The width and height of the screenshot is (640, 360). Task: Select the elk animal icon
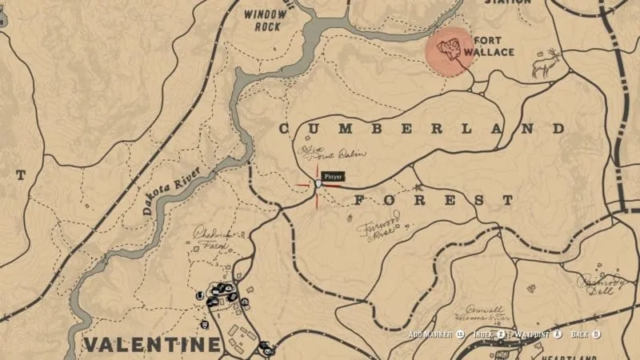click(x=547, y=63)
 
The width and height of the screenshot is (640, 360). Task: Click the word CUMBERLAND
click(x=422, y=129)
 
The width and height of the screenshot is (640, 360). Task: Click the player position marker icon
click(x=318, y=185)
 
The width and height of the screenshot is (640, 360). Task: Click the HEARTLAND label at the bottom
click(x=573, y=356)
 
